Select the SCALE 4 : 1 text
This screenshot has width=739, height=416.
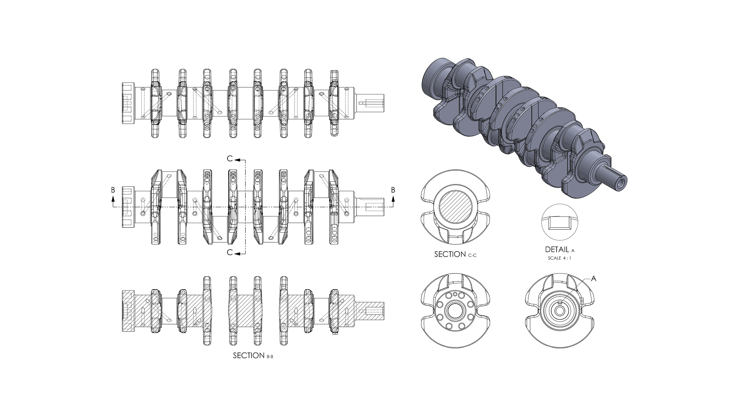click(x=559, y=258)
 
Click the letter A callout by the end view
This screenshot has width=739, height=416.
click(x=593, y=278)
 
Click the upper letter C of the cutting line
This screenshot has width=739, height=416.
click(x=230, y=159)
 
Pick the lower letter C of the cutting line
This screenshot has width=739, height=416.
click(x=230, y=252)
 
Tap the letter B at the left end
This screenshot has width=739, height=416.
click(x=113, y=190)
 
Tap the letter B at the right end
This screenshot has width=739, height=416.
click(x=393, y=190)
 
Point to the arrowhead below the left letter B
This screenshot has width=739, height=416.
click(x=113, y=198)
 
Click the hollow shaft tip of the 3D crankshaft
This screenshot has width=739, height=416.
click(x=620, y=181)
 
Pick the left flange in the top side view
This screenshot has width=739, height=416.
click(x=127, y=103)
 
